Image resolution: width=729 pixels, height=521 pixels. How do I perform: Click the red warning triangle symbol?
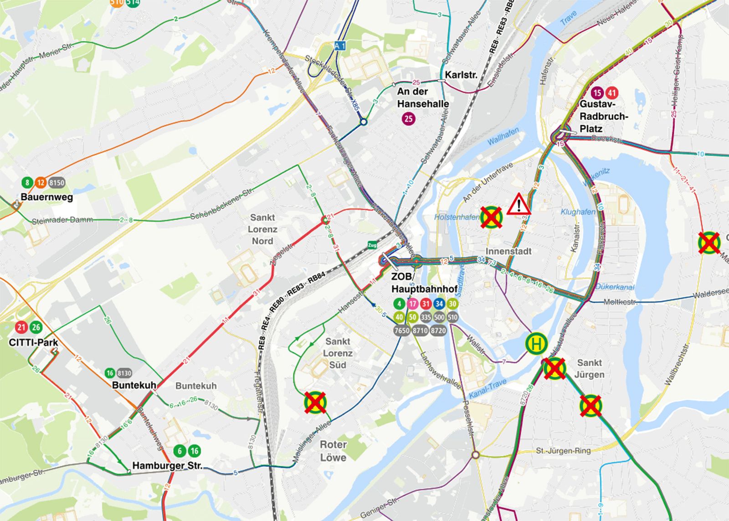point(519,204)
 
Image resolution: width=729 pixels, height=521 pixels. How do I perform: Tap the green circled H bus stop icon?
point(536,343)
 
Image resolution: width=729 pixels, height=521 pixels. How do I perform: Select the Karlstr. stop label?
point(461,74)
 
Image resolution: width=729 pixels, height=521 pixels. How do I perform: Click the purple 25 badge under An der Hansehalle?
point(409,119)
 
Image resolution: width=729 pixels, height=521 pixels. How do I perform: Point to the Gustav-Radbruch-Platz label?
point(603,117)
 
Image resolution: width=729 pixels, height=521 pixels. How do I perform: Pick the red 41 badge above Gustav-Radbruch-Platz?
point(611,93)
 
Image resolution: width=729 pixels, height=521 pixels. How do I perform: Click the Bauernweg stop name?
point(46,197)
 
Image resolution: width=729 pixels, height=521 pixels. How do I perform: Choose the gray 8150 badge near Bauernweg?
point(57,183)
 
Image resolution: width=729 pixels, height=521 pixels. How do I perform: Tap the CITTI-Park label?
point(33,342)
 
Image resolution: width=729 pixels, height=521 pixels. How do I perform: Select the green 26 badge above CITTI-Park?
point(36,327)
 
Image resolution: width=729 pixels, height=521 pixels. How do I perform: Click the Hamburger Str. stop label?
point(167,466)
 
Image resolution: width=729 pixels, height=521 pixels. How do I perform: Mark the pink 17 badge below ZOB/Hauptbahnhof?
point(412,304)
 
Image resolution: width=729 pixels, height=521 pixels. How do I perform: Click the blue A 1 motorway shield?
point(339,46)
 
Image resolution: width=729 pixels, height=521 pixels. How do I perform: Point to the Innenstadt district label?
point(508,251)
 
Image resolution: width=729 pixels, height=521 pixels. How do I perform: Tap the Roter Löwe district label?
point(333,451)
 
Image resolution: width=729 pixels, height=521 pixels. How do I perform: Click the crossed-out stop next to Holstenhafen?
point(491,217)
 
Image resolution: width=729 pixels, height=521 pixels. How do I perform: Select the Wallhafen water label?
point(503,136)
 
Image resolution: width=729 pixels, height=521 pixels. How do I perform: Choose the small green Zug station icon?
point(372,245)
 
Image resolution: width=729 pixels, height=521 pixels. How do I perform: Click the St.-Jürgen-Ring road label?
point(563,451)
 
